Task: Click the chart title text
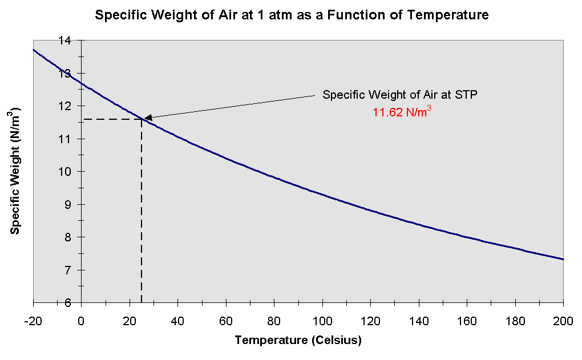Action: [x=292, y=15]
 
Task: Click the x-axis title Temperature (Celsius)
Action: [x=298, y=341]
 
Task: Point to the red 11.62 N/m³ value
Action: [x=401, y=112]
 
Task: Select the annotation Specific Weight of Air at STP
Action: [x=400, y=95]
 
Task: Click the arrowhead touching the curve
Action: [x=147, y=118]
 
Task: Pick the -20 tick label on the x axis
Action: [x=33, y=319]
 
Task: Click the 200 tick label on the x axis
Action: [x=563, y=319]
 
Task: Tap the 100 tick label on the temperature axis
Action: [x=322, y=319]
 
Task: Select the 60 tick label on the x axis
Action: [x=226, y=319]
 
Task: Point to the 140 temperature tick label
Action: [x=419, y=319]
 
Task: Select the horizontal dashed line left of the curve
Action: [x=111, y=119]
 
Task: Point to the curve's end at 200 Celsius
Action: [x=563, y=259]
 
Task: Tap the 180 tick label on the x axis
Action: [x=515, y=319]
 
